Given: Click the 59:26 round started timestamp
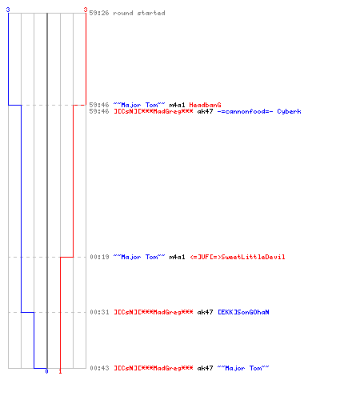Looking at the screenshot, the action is point(99,13).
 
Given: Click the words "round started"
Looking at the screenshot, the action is point(139,13).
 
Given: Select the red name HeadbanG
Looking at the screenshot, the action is point(205,105).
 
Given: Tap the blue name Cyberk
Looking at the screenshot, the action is point(289,111).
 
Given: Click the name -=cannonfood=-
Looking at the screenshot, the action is point(245,111).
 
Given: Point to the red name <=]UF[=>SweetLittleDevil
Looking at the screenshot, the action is point(238,257).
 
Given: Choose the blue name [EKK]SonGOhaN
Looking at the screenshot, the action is point(243,312).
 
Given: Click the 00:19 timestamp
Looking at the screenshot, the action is point(99,257).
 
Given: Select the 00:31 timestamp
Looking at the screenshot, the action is point(99,312).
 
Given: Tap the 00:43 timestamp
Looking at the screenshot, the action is point(99,368).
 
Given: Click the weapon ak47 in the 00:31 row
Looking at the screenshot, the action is point(205,312).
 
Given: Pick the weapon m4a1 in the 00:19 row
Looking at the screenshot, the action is point(177,257).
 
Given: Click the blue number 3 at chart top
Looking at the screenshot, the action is point(8,10).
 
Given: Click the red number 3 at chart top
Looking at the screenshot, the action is point(86,10).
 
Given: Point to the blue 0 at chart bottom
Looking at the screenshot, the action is point(46,371).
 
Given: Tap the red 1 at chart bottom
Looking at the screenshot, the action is point(60,371).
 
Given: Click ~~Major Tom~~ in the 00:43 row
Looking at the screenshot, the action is point(243,368).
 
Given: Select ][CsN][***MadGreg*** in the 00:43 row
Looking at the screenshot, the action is point(154,368).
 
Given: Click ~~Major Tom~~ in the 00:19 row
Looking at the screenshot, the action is point(139,257).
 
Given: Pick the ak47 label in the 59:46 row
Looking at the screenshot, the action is point(205,111).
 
